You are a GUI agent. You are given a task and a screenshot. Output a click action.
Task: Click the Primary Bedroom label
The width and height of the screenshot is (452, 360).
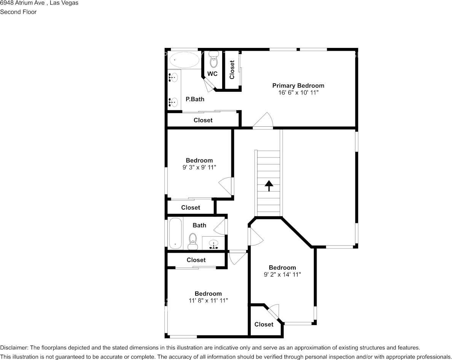point(298,86)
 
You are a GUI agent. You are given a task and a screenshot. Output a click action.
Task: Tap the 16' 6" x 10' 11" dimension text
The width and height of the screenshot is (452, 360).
point(298,92)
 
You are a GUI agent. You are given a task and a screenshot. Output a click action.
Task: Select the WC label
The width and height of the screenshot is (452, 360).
point(212,74)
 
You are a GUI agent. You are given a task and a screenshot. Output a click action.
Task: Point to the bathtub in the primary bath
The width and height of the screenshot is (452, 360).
point(184,60)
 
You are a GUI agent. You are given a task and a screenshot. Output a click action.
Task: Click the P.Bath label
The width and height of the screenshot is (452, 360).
point(195,99)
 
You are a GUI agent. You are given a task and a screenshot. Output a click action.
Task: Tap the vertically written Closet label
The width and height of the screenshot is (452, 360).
point(232,70)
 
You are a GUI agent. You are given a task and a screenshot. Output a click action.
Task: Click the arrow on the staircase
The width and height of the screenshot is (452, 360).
point(269,186)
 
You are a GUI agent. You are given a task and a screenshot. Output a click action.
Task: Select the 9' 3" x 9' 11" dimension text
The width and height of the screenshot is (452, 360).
point(199,167)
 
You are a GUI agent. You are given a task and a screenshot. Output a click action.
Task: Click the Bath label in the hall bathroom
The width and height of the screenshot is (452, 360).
point(199,225)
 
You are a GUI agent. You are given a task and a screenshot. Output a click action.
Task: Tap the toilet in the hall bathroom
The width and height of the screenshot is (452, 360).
point(193,241)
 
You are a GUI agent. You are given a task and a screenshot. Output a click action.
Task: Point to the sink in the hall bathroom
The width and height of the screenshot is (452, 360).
point(213,244)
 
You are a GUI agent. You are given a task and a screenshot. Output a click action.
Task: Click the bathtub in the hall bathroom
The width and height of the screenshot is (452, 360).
point(175,233)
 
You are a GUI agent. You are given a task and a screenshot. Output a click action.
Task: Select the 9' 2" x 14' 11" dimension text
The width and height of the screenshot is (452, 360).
point(282,274)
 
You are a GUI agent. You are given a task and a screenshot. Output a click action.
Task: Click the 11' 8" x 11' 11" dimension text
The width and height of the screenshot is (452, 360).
point(208,300)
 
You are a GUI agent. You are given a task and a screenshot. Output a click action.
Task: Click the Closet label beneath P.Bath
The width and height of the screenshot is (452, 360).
point(203,120)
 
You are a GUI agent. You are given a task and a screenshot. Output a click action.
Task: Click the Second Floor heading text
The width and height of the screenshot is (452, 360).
point(18,12)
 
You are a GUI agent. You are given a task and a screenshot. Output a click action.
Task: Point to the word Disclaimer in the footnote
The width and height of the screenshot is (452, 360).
point(14,347)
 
